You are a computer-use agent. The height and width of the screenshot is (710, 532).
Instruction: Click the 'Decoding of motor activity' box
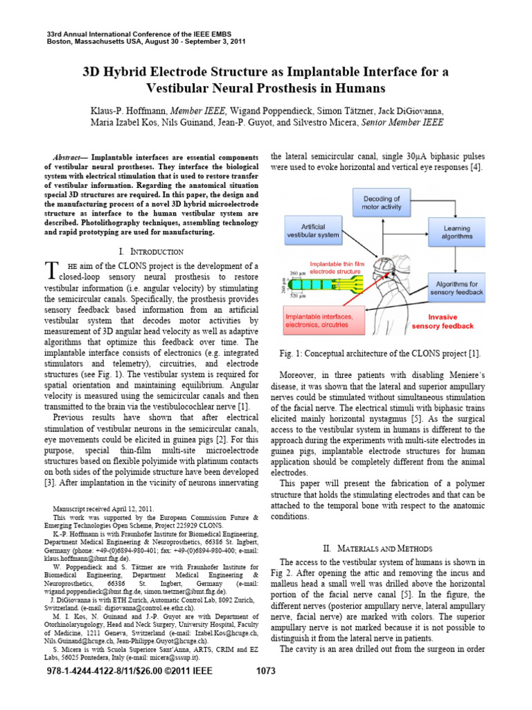[382, 202]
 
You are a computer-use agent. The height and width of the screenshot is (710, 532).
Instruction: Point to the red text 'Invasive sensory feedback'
[443, 321]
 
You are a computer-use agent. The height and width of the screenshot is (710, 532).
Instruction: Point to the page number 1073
[266, 691]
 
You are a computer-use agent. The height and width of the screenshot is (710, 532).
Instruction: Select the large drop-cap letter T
[50, 271]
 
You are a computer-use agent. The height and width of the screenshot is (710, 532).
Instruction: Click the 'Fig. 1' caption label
[295, 354]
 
